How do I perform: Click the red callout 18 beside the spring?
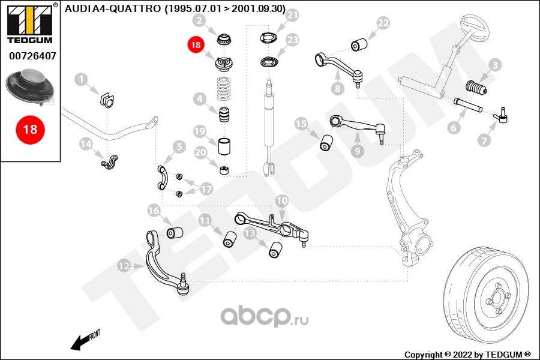click(196, 45)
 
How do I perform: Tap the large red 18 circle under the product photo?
click(31, 130)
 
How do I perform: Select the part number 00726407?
click(32, 55)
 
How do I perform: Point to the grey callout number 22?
click(383, 23)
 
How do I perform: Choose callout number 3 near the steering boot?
click(494, 65)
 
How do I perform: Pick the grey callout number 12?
click(124, 266)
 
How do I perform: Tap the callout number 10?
click(282, 200)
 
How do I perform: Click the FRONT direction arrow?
click(85, 340)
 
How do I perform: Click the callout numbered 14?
click(86, 143)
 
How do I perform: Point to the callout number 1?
click(81, 80)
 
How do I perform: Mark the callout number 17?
click(206, 189)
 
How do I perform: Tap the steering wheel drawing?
click(475, 27)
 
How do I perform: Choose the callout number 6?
click(454, 128)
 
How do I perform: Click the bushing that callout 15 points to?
click(326, 143)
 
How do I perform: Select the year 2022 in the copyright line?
click(463, 355)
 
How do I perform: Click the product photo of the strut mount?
click(29, 87)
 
